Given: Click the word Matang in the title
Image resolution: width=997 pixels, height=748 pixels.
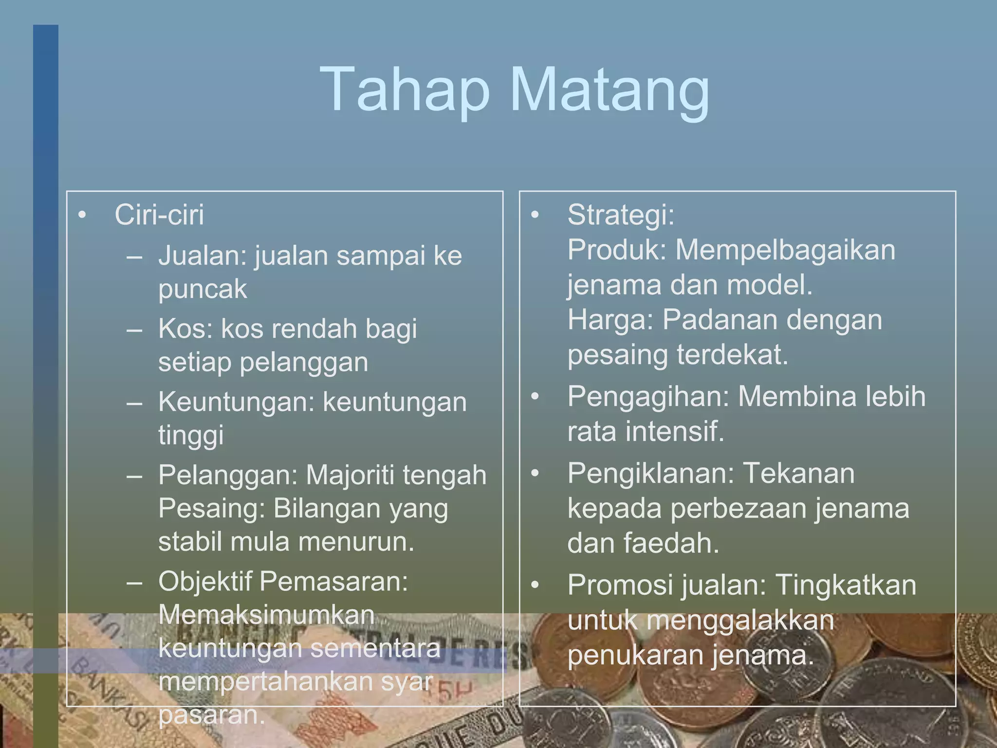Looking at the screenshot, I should point(610,91).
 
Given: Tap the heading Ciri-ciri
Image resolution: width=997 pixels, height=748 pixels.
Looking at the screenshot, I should point(159,215).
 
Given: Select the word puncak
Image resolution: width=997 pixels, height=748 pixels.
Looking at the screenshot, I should point(203,289).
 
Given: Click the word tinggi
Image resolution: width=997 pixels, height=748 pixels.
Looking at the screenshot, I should point(191,435).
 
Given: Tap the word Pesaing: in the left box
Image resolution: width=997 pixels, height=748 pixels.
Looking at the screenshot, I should point(212,508).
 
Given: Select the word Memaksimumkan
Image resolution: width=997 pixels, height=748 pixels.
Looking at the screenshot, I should point(266,615).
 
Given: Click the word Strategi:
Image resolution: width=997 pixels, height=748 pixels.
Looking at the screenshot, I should point(621,215).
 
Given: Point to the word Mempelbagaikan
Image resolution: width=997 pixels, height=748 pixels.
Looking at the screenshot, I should point(785,250).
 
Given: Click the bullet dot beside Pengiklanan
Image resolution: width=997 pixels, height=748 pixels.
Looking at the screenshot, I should point(535,473).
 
